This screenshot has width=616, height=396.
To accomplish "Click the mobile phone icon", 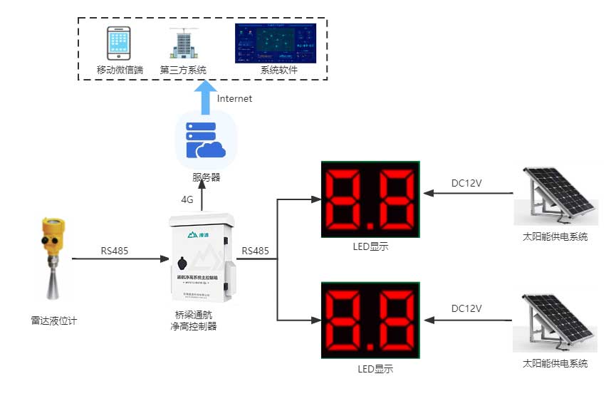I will pos(120,43).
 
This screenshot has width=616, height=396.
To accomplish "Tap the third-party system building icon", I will pos(183,44).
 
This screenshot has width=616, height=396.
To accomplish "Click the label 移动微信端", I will pos(120,70).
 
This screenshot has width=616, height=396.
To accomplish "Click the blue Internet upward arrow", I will pos(204,96).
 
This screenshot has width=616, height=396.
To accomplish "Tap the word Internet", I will pos(234,99).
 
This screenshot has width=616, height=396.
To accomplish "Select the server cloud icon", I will pos(204,139).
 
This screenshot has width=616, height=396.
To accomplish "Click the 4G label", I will pos(187,200).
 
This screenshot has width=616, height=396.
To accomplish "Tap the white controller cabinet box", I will pos(201,258).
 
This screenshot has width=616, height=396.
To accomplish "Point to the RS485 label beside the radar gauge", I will pos(116,250).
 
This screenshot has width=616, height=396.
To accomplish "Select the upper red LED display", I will pos(370,199).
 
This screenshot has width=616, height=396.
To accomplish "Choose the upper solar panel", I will pos(555,196).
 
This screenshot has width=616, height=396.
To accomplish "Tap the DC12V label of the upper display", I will pos(466,183).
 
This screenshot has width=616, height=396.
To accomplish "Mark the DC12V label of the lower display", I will pos(466,308).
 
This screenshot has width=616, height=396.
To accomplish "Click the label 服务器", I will pos(206,177).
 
